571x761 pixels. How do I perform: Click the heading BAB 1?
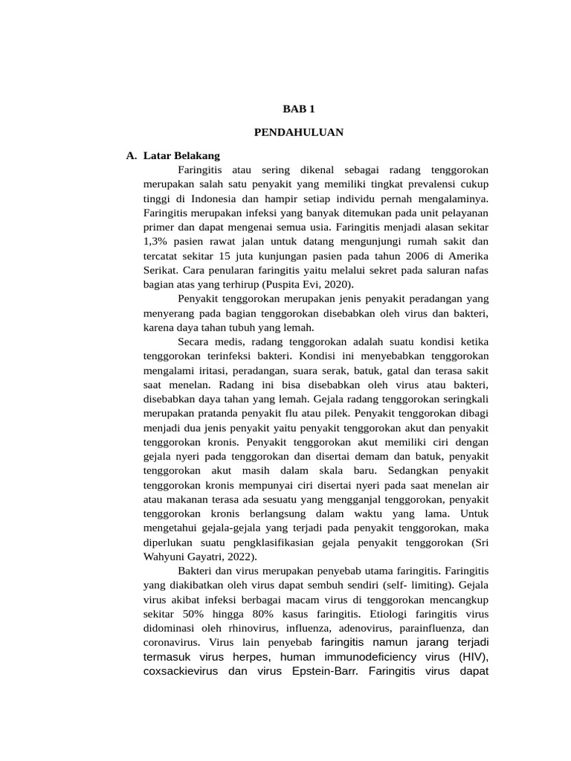(299, 109)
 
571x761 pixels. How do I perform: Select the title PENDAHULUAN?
(299, 132)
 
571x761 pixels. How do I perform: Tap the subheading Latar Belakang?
(181, 156)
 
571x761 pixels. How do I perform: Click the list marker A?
(132, 156)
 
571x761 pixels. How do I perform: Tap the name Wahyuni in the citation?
(170, 555)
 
